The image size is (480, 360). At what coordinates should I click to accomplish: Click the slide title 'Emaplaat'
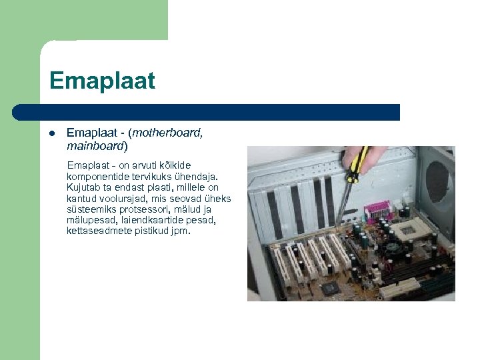pos(102,81)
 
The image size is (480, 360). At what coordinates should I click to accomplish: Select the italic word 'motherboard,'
pos(169,133)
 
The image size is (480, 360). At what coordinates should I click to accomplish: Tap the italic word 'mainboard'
pos(95,145)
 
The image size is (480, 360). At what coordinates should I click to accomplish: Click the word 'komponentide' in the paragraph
pos(93,175)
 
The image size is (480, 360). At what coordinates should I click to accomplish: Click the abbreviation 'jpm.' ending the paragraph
pos(180,231)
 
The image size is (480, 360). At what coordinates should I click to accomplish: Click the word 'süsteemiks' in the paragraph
pos(90,209)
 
